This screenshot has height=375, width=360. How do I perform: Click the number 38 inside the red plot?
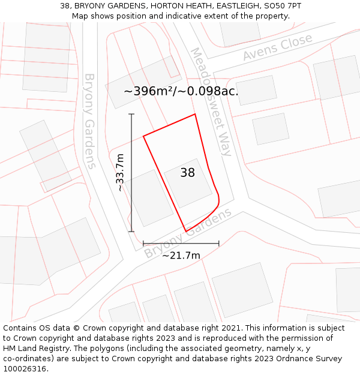pyautogui.click(x=188, y=173)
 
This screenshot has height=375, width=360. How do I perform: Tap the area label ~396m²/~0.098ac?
pyautogui.click(x=181, y=91)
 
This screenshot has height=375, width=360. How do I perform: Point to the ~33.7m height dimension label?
pyautogui.click(x=120, y=172)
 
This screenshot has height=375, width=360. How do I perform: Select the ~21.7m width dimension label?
pyautogui.click(x=181, y=256)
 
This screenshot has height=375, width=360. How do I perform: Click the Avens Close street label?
pyautogui.click(x=278, y=47)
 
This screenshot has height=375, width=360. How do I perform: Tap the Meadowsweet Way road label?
pyautogui.click(x=211, y=101)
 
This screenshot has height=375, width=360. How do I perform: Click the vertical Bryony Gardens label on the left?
pyautogui.click(x=90, y=121)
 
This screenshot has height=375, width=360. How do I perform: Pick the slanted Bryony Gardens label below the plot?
pyautogui.click(x=188, y=234)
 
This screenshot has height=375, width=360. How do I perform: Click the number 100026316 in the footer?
pyautogui.click(x=25, y=369)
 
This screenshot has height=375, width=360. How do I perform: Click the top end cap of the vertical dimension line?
pyautogui.click(x=131, y=114)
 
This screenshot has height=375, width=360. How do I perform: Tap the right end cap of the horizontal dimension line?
pyautogui.click(x=218, y=244)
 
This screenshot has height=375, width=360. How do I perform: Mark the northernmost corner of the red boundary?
pyautogui.click(x=195, y=114)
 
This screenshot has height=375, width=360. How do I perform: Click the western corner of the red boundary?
pyautogui.click(x=143, y=136)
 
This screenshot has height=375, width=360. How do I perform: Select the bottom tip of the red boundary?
pyautogui.click(x=186, y=232)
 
